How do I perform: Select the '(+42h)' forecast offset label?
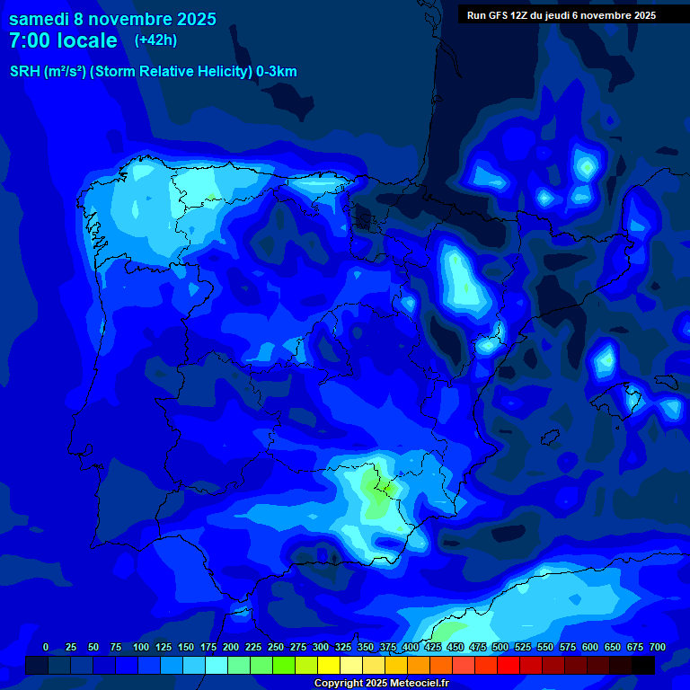tap(155, 40)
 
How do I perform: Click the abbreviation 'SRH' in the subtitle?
tap(24, 72)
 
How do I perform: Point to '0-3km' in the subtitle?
tap(277, 72)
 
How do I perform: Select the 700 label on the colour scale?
tap(657, 647)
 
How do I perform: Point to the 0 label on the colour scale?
tap(46, 647)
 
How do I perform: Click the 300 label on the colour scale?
tap(321, 647)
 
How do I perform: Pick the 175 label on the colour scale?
tap(208, 647)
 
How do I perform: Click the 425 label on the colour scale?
tap(433, 647)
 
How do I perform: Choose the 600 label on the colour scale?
tap(590, 647)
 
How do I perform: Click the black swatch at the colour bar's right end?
tap(643, 665)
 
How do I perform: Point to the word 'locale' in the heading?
tap(87, 40)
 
